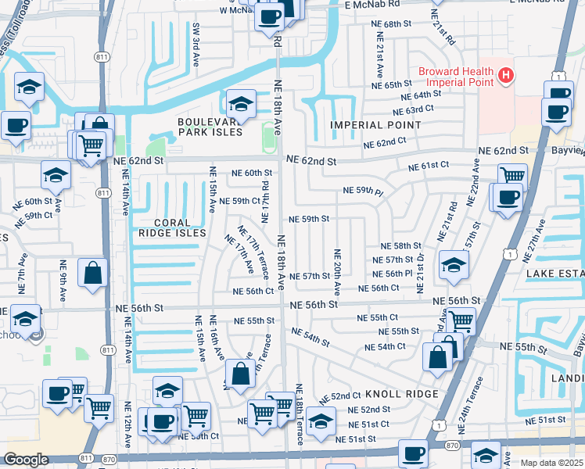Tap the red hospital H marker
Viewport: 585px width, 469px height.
pyautogui.click(x=507, y=76)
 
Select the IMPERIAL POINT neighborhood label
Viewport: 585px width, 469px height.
pyautogui.click(x=375, y=125)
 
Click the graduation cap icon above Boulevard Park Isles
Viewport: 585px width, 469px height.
pyautogui.click(x=241, y=103)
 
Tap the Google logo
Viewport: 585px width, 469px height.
pyautogui.click(x=26, y=460)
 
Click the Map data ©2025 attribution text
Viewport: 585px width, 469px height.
pyautogui.click(x=553, y=463)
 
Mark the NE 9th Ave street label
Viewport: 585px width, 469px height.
pyautogui.click(x=64, y=275)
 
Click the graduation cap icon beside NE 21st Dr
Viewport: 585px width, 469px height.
pyautogui.click(x=454, y=263)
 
